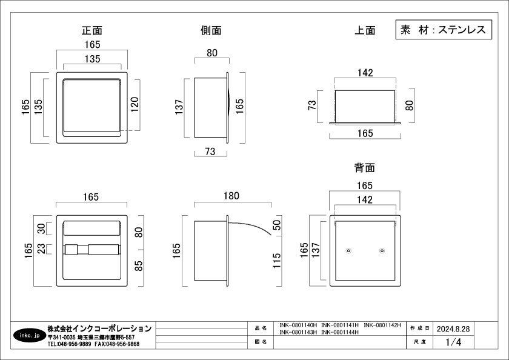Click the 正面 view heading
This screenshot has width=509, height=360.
(x=92, y=30)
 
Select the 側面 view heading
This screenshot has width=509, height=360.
(x=211, y=30)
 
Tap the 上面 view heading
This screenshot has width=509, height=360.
(x=365, y=30)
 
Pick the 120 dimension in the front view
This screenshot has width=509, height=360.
(x=135, y=104)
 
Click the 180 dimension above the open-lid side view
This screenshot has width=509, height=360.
(x=231, y=196)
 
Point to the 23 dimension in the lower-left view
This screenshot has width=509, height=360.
(x=41, y=248)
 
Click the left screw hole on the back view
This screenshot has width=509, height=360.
(x=348, y=251)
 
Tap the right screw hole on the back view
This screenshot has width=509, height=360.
(x=382, y=251)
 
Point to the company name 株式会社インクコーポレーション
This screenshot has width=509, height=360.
(x=99, y=328)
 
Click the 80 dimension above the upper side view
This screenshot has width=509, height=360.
(x=212, y=53)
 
